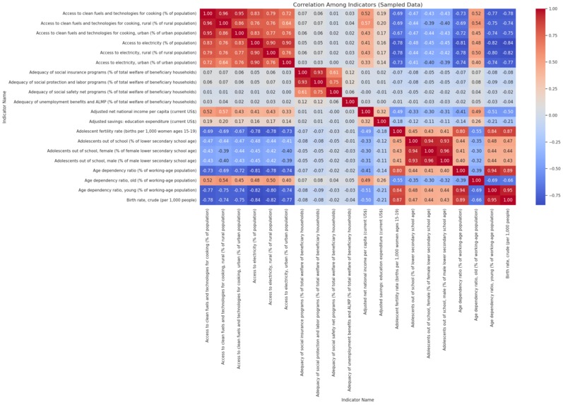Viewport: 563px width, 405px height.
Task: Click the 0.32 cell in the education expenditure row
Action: point(364,122)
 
